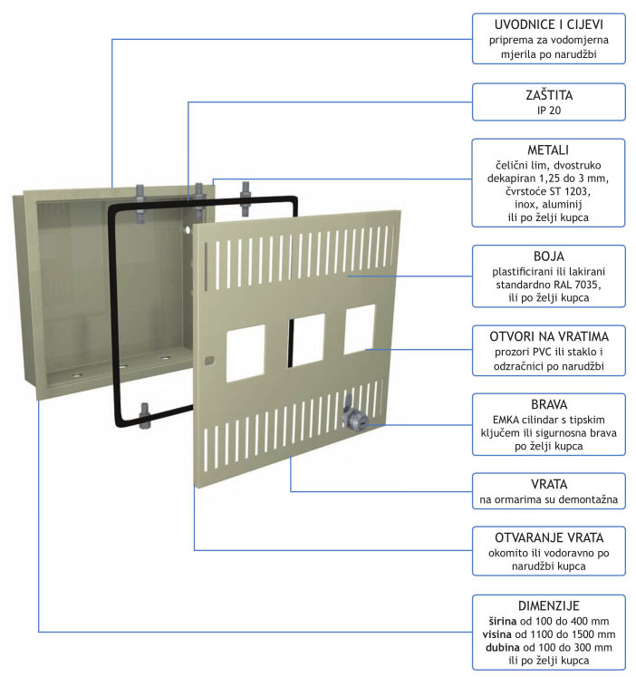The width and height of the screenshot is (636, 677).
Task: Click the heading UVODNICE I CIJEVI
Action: point(548,24)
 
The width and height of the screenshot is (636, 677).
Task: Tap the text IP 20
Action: point(549,111)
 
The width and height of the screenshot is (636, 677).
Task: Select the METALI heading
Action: point(548,150)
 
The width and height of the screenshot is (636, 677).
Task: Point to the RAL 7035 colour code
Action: point(576,285)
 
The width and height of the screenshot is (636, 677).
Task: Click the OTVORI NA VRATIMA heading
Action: point(549,336)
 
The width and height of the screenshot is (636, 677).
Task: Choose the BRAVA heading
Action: point(549,404)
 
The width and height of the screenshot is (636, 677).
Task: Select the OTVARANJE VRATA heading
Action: point(549,537)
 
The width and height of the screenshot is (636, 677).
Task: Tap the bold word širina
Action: point(503,622)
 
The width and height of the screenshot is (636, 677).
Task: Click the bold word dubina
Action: point(503,648)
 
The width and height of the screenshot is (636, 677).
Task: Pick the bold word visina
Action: point(497,634)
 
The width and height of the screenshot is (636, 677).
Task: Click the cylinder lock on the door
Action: point(354,417)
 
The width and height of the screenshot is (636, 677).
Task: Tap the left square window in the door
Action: point(246,353)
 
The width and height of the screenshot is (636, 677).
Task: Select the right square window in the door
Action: point(360,329)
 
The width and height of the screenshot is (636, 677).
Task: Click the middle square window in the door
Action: point(306,341)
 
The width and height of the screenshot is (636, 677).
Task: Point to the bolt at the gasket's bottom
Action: point(145,415)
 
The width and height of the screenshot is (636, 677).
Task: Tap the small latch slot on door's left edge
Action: point(209,360)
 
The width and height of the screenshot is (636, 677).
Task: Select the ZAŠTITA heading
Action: point(549,95)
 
